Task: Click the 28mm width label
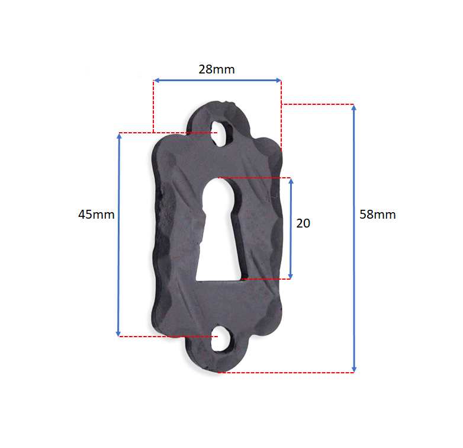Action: tap(217, 69)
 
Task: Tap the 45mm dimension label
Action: tap(97, 215)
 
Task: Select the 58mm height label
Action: tap(377, 215)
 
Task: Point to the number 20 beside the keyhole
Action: tap(303, 223)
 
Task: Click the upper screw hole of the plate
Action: tap(221, 133)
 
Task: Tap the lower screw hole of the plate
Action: tap(222, 338)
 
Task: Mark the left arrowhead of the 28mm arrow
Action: tap(156, 81)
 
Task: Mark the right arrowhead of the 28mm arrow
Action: tap(278, 81)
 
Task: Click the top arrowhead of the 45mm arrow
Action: tap(119, 136)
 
